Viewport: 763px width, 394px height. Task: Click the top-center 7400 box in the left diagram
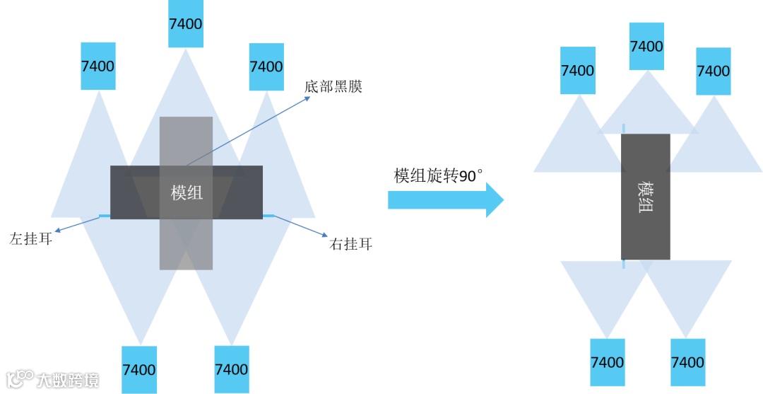coord(186,23)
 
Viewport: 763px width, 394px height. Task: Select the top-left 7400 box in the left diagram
coord(98,66)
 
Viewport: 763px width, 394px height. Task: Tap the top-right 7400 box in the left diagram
coord(266,66)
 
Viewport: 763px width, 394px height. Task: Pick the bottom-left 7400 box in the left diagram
coord(139,369)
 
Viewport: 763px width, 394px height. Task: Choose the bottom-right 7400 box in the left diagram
coord(231,369)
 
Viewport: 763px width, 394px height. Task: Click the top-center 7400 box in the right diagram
coord(646,46)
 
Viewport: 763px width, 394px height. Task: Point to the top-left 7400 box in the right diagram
coord(577,71)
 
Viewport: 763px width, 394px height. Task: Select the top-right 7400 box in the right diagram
coord(713,71)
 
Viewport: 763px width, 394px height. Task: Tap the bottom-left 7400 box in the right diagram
coord(607,362)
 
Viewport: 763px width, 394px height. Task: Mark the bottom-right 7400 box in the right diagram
coord(687,362)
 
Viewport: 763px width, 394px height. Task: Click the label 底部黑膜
coord(333,88)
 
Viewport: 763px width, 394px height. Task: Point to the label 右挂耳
coord(351,245)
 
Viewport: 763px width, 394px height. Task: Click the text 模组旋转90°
coord(438,176)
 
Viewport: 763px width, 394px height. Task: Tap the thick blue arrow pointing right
coord(445,202)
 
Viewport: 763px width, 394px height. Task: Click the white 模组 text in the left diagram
coord(187,192)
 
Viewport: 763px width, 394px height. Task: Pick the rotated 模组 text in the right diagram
coord(646,197)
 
